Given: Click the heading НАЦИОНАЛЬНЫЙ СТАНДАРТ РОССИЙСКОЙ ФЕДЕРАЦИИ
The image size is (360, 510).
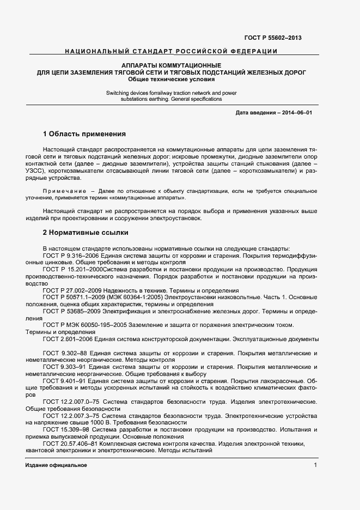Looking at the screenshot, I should (171, 51).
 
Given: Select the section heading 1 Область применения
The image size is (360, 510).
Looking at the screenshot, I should (84, 133).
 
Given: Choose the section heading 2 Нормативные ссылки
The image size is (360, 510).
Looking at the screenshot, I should (86, 233).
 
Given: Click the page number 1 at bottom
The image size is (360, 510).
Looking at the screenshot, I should (315, 465).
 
